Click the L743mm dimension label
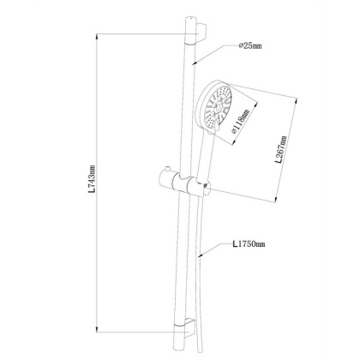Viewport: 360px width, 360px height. click(92, 179)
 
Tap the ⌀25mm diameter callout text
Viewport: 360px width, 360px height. click(250, 45)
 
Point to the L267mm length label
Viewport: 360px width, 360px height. click(281, 149)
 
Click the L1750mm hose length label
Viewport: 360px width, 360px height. click(249, 244)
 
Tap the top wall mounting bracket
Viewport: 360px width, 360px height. click(201, 32)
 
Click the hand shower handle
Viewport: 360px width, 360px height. click(204, 156)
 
